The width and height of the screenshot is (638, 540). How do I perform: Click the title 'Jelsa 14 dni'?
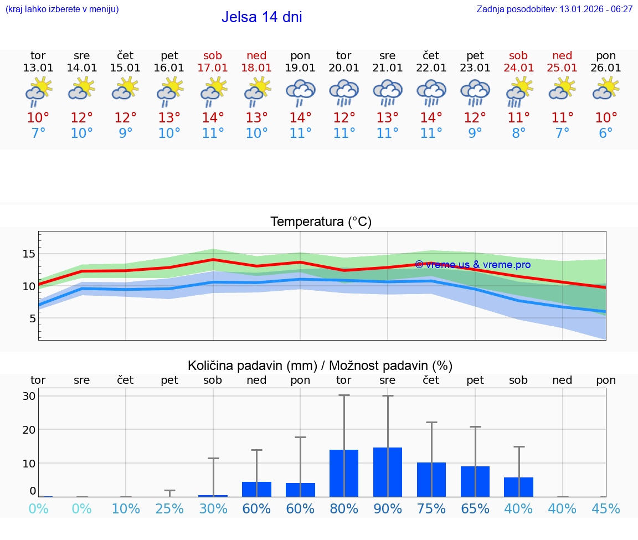(261, 17)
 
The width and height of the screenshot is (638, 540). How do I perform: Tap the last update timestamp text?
(554, 9)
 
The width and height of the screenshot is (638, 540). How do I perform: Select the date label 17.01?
(213, 68)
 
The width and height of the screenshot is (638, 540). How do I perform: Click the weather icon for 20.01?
(344, 92)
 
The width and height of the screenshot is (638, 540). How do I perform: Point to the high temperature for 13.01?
(38, 118)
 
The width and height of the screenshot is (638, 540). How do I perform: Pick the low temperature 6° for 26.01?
(606, 133)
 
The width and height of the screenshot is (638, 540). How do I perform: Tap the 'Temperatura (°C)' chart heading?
(321, 222)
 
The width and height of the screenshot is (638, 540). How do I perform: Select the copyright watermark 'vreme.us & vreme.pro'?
(472, 265)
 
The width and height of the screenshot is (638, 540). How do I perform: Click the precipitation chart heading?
(320, 366)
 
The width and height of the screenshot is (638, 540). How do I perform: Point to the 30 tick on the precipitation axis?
(29, 397)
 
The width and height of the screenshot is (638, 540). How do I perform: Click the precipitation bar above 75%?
(431, 479)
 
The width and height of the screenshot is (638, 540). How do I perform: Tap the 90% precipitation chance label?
(388, 509)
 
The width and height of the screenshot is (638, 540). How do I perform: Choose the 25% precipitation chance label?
(169, 509)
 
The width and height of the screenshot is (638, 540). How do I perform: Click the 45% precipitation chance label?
(606, 509)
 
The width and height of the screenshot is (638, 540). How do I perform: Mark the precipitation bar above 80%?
(344, 473)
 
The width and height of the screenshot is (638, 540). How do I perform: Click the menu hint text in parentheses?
(62, 9)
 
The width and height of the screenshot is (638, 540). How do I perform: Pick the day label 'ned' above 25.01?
(562, 55)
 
